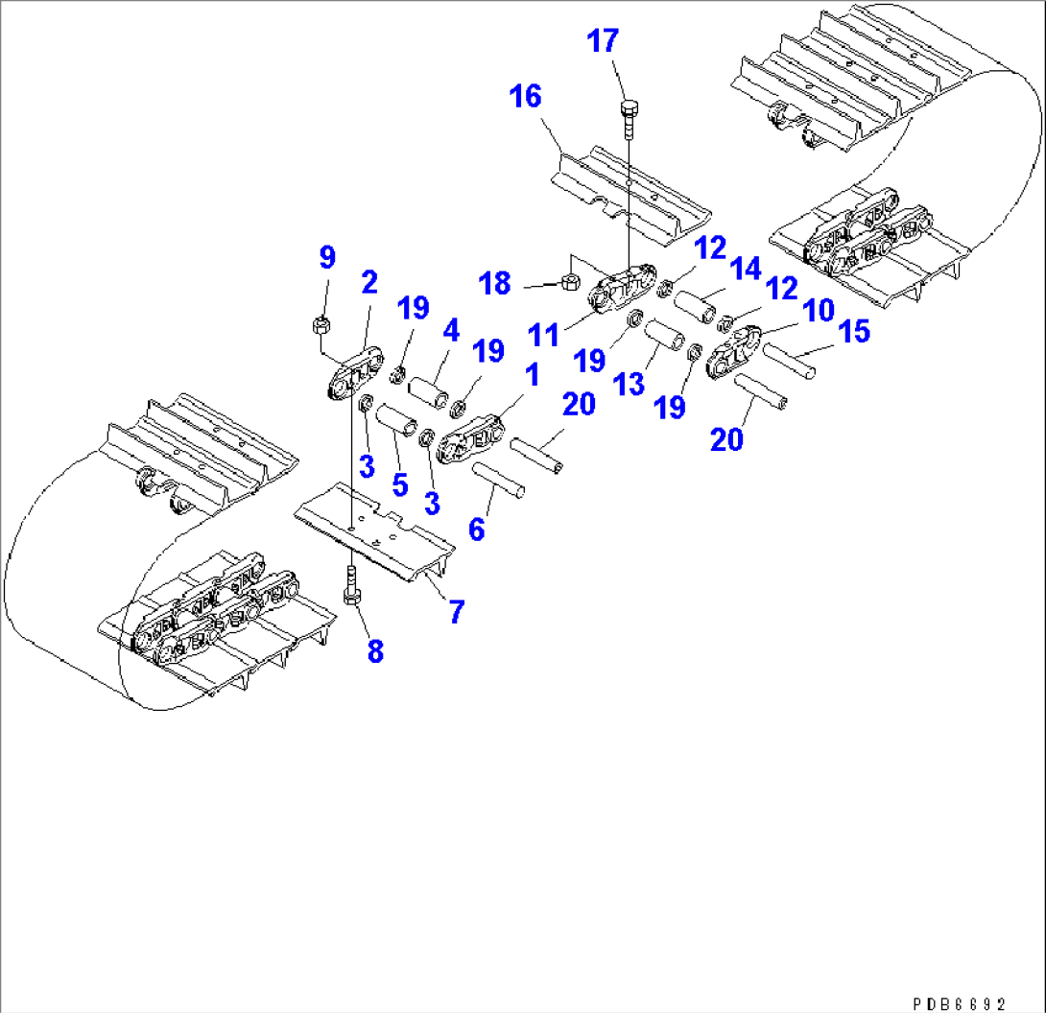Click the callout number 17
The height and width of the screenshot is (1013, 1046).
point(604,43)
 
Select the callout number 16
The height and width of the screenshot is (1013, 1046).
point(526,97)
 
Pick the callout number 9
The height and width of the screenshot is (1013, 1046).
point(327,258)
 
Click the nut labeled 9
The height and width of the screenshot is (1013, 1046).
point(321,325)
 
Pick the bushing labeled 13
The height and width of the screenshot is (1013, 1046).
point(664,340)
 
